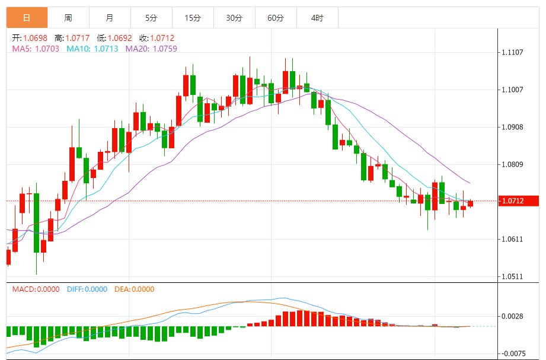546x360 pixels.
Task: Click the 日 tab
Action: (x=27, y=18)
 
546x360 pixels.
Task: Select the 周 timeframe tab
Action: (x=68, y=18)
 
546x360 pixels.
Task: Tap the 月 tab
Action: (x=110, y=18)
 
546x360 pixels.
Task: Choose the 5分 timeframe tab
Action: (x=151, y=18)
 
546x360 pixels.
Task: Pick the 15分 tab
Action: (x=193, y=18)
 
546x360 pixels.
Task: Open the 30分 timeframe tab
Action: (x=234, y=18)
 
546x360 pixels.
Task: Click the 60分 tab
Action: (x=276, y=18)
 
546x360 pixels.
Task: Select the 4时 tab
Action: (x=317, y=18)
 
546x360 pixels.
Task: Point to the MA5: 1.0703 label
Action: (x=36, y=49)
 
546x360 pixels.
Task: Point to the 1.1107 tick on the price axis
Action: (x=512, y=53)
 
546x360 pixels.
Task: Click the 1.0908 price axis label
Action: (x=512, y=128)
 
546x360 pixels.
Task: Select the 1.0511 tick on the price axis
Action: (x=512, y=277)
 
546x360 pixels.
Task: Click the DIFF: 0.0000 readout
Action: (x=87, y=289)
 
